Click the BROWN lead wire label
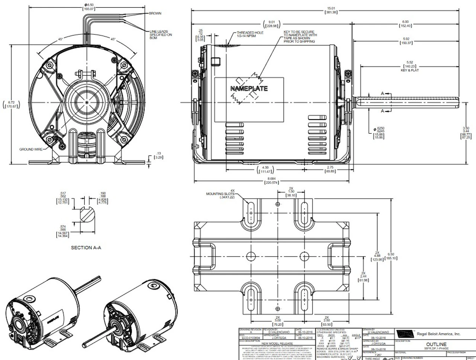(155, 13)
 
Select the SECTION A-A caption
(86, 247)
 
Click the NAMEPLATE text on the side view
(249, 89)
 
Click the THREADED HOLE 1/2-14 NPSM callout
(250, 35)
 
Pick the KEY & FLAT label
(410, 70)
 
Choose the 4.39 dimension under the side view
(264, 169)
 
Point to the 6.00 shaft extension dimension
(405, 24)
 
